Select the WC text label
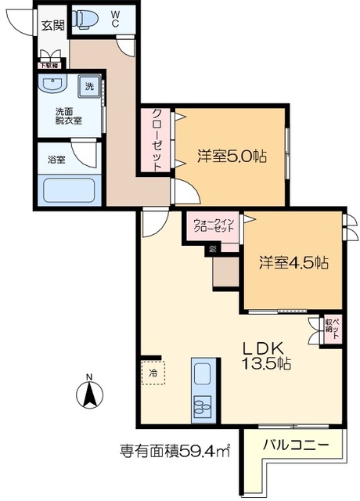[114, 19]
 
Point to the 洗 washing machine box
[89, 86]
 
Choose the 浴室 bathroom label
[56, 160]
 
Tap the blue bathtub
[67, 190]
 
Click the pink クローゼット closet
[157, 139]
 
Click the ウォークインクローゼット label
[213, 226]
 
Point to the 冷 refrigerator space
[153, 373]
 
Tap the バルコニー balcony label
[290, 445]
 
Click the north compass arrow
[89, 391]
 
